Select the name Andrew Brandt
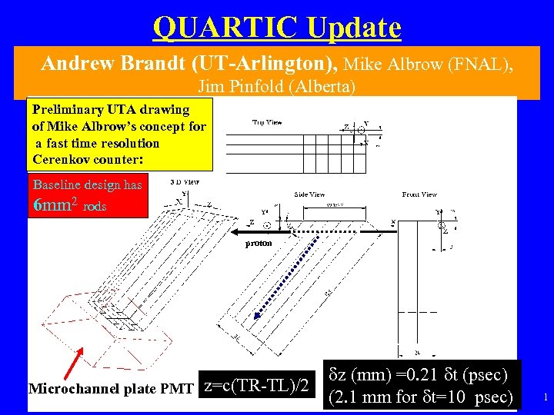click(x=115, y=64)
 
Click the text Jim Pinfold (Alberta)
click(x=277, y=86)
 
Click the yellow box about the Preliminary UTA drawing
click(x=119, y=135)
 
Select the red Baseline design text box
click(x=87, y=196)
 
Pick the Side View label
click(x=309, y=194)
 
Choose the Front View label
click(x=419, y=194)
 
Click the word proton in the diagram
click(x=258, y=243)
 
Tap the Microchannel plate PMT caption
click(x=111, y=389)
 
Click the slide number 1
click(x=545, y=397)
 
